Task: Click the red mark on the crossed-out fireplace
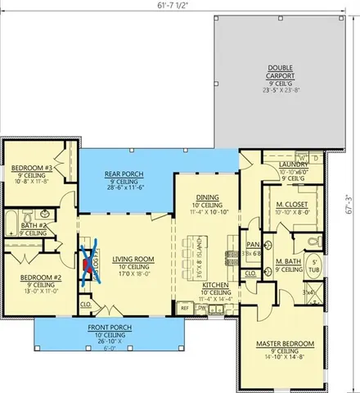(x=88, y=264)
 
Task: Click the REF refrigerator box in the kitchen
(x=185, y=307)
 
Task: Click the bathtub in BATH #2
(x=11, y=224)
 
